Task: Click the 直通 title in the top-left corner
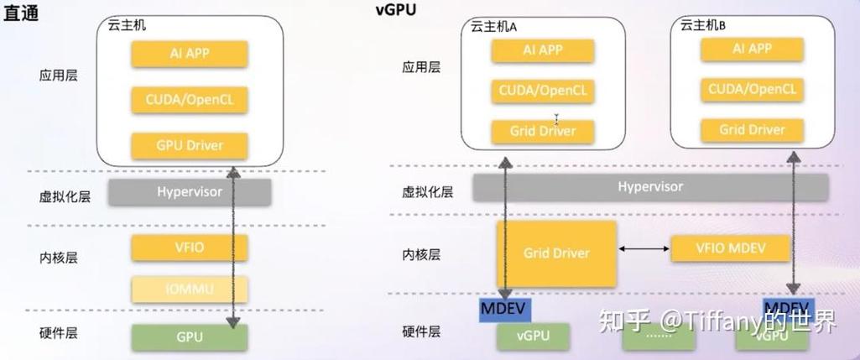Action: pyautogui.click(x=22, y=15)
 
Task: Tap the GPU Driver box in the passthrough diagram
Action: pyautogui.click(x=190, y=145)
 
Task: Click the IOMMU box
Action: pyautogui.click(x=190, y=290)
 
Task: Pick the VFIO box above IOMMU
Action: pyautogui.click(x=190, y=248)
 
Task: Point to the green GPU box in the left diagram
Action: pyautogui.click(x=190, y=337)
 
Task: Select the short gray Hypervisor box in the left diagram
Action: pyautogui.click(x=190, y=192)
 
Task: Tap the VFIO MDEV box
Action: pyautogui.click(x=731, y=248)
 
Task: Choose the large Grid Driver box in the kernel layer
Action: pyautogui.click(x=556, y=253)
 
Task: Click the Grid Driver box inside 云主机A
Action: pyautogui.click(x=543, y=132)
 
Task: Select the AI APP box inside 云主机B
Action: pyautogui.click(x=752, y=49)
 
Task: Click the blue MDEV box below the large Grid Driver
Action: pyautogui.click(x=503, y=308)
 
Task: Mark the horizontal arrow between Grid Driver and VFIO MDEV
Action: pyautogui.click(x=644, y=249)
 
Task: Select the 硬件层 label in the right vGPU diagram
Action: pyautogui.click(x=421, y=332)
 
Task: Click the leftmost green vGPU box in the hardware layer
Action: pyautogui.click(x=534, y=337)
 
